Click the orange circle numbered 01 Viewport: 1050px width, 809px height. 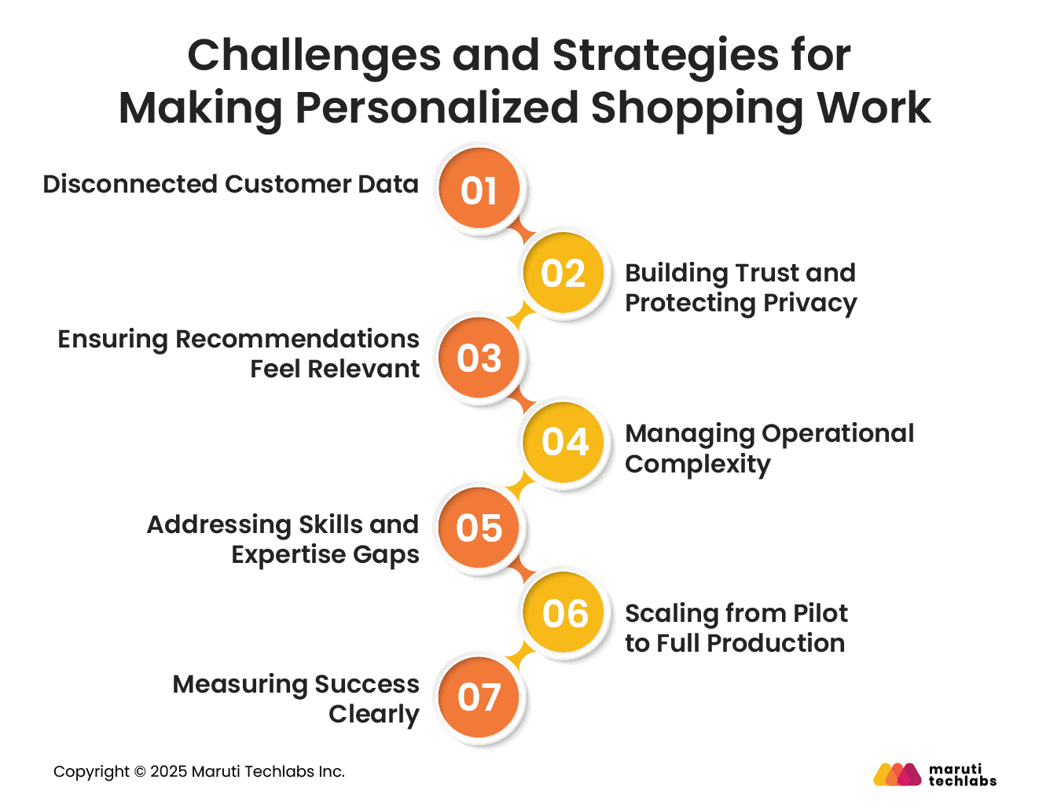(x=479, y=189)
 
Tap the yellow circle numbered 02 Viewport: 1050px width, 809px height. (x=564, y=274)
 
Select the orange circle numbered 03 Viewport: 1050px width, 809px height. (x=479, y=359)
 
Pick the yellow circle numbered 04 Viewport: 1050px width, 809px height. (x=564, y=442)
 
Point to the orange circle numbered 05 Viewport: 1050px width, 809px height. (x=479, y=528)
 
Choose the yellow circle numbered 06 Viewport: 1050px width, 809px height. (x=564, y=613)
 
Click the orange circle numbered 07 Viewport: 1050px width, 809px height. (x=479, y=697)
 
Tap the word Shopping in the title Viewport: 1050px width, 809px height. (x=697, y=108)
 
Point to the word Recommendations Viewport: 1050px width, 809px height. (x=297, y=339)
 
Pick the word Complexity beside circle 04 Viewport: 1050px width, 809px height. (x=697, y=464)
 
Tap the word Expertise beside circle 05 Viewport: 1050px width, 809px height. (x=288, y=555)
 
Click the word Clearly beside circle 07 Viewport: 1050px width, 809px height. (x=373, y=714)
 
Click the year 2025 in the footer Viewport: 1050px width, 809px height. (x=169, y=772)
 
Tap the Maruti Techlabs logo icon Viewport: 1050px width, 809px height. (x=897, y=774)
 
